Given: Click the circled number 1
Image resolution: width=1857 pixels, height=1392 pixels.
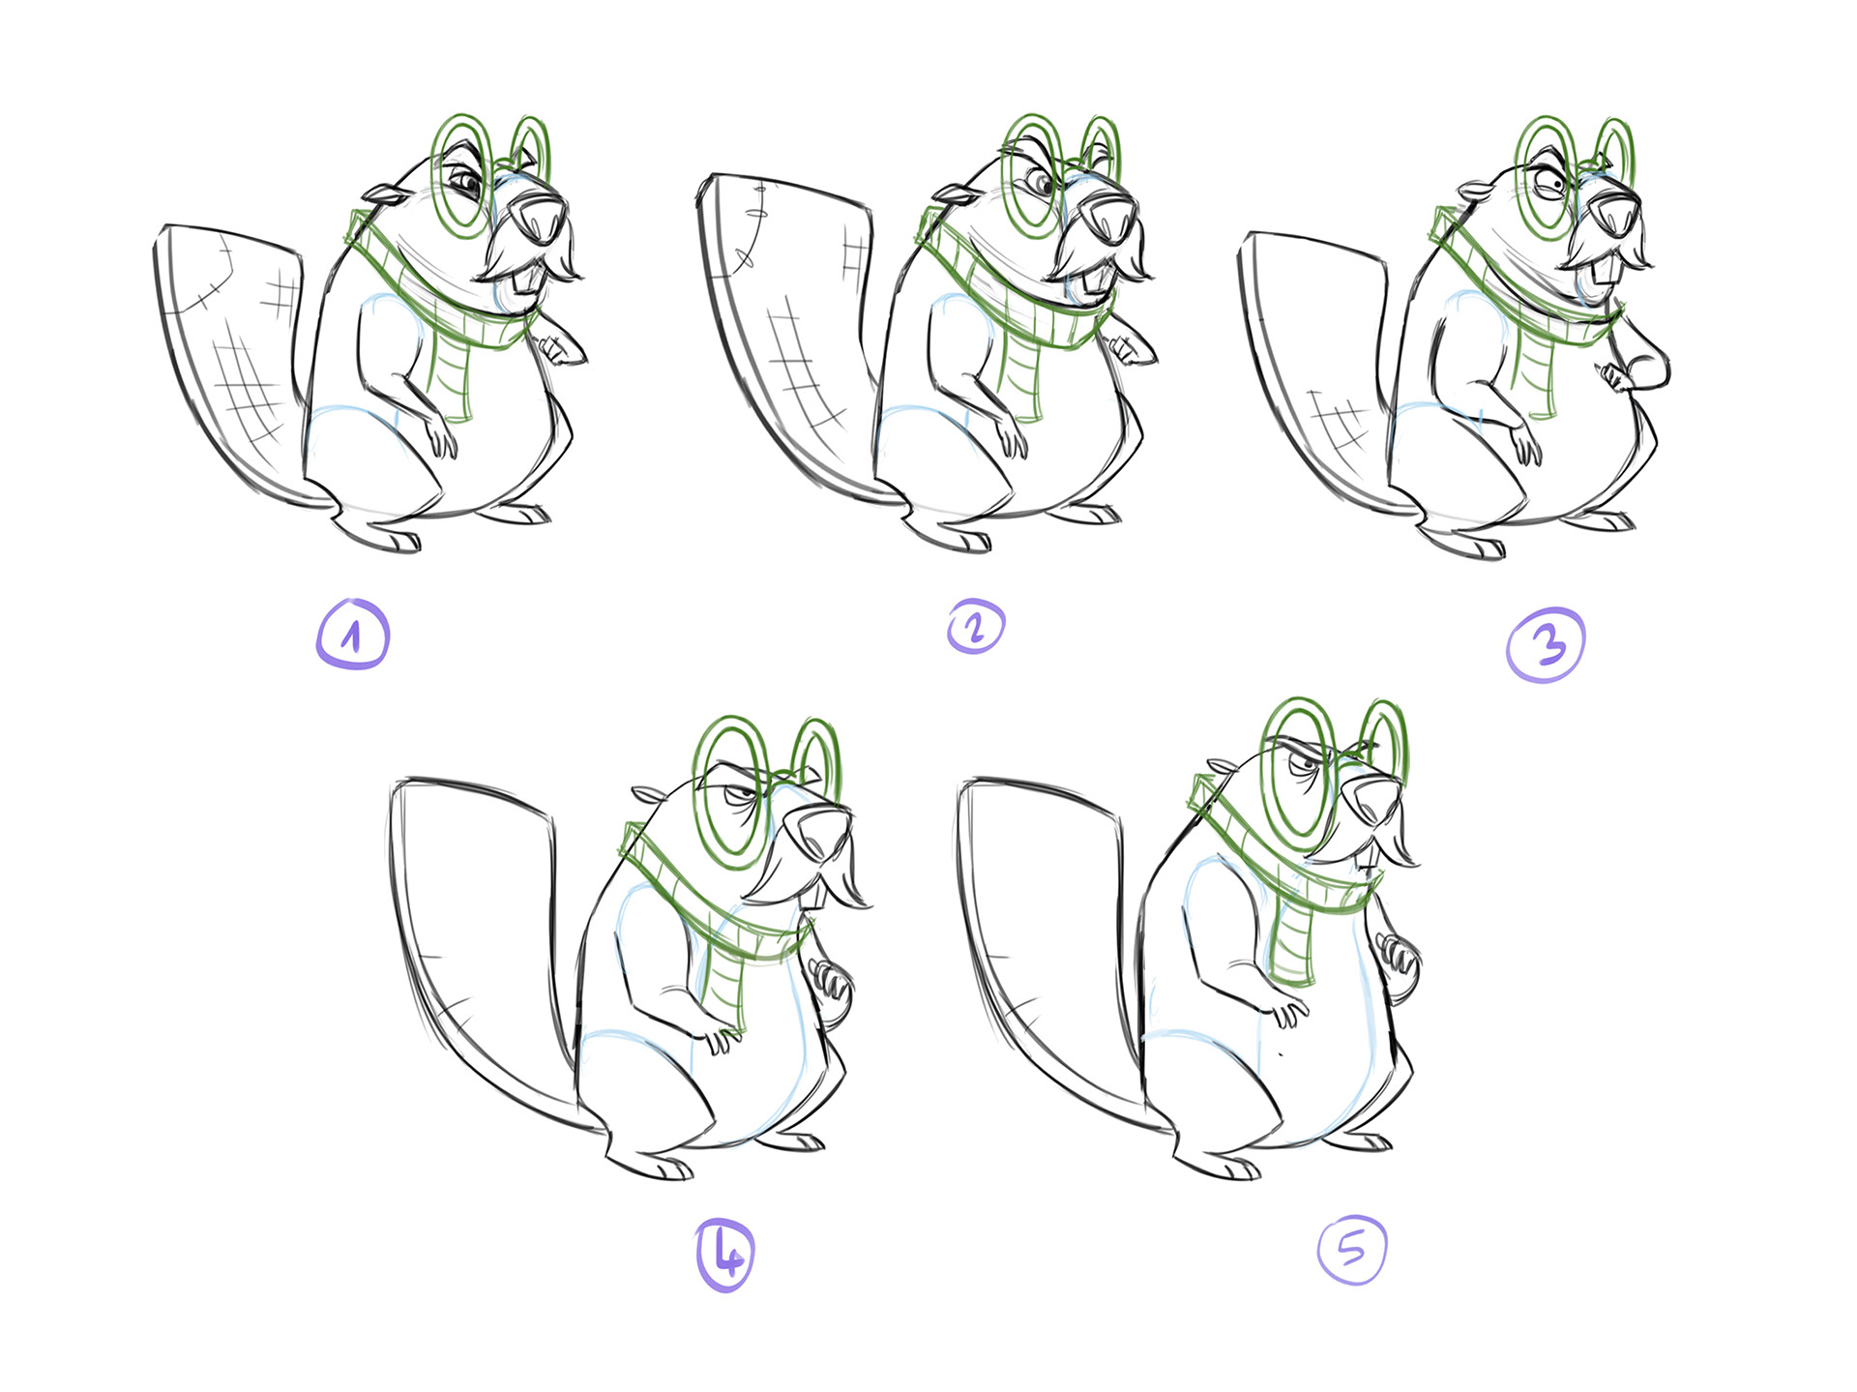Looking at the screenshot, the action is [353, 635].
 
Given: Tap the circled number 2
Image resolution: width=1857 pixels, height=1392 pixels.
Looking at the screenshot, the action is [976, 627].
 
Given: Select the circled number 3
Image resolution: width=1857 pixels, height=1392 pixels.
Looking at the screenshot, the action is [1546, 645].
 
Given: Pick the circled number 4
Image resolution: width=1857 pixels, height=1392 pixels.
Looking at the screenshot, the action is [725, 1256].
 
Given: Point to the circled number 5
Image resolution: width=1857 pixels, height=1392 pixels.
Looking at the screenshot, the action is [1352, 1250].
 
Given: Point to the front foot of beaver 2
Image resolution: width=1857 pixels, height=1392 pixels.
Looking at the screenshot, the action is [948, 532].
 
